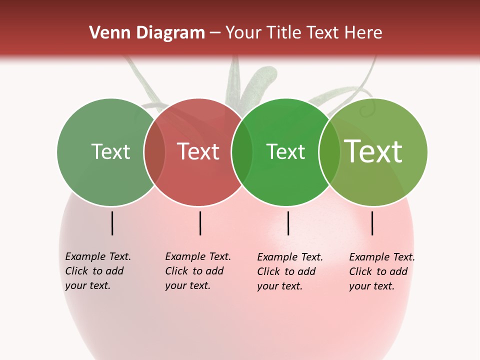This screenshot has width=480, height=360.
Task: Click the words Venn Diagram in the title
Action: point(147,33)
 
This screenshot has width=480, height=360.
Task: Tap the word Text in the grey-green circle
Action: point(110,151)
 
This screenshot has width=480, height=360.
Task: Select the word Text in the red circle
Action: point(198,151)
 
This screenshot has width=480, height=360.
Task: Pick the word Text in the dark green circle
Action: point(285,151)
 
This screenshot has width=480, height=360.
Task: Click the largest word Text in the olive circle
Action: point(373,151)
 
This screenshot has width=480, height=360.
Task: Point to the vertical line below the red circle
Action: point(200,223)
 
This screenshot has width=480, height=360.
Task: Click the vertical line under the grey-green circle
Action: point(112,223)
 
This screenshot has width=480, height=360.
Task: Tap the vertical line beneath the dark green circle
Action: point(288,223)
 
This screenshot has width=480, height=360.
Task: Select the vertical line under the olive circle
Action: point(372,223)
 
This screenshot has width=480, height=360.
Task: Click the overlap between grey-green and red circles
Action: point(154,151)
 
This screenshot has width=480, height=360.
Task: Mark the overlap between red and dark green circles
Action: point(242,151)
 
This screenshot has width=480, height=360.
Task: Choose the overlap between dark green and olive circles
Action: point(329,151)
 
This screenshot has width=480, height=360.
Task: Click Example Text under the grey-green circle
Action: point(98,256)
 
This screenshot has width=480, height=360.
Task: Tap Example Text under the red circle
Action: point(198,256)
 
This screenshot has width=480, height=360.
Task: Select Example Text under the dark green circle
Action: point(290,257)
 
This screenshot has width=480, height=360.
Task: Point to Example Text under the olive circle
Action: point(382,257)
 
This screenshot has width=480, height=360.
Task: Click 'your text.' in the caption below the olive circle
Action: point(372,286)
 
